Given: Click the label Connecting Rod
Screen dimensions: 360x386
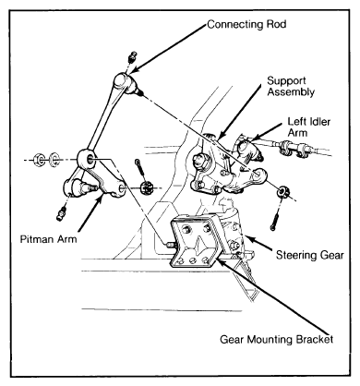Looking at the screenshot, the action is point(246,24).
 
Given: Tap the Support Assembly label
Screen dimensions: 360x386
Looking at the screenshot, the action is point(291,86).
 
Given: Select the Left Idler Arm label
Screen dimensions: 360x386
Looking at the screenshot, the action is point(308,127).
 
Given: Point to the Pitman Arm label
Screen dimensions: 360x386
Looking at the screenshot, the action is point(48,239).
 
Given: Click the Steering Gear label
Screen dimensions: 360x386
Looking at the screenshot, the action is point(309,255).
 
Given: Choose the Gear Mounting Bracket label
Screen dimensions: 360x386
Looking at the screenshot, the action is point(276,339).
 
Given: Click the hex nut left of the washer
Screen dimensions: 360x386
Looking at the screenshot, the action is point(40,160).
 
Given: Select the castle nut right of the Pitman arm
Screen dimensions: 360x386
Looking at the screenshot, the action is point(147,187).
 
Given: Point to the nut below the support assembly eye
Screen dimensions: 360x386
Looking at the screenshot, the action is point(282,192).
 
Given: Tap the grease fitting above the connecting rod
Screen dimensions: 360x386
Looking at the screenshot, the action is point(133,57).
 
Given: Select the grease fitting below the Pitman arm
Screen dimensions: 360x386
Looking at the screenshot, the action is point(62,213).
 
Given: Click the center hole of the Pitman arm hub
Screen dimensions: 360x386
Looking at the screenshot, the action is point(90,159).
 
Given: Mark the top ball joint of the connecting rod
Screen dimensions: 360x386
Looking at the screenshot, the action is point(126,82).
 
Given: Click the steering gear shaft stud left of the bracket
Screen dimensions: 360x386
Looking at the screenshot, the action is point(169,245).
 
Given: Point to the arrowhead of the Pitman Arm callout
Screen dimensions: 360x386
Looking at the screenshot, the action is point(101,199).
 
